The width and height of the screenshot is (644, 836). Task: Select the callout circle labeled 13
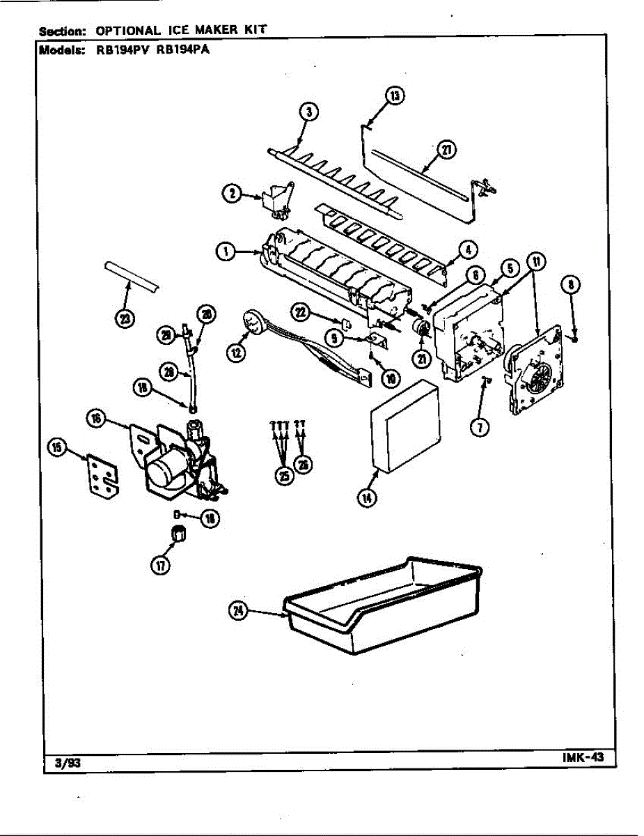coord(395,96)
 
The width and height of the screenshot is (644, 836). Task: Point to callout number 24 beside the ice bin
coord(239,610)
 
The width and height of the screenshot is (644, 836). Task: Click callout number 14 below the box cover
coord(366,497)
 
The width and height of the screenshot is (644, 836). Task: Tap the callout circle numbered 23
coord(124,318)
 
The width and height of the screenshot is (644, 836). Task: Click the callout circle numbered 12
coord(237,353)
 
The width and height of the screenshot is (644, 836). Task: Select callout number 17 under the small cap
coord(161,566)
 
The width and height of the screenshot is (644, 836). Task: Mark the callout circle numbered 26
coord(304,465)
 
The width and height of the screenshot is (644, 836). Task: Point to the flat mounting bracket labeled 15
coord(103,477)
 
